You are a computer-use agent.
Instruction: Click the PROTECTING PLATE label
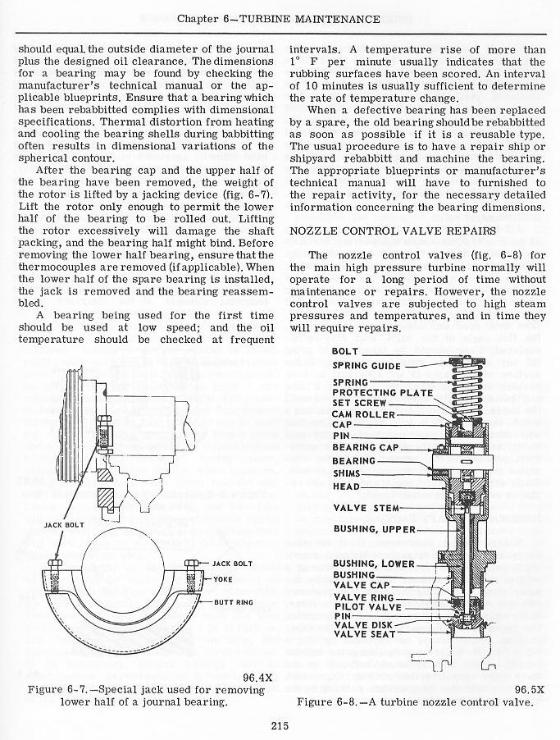382,392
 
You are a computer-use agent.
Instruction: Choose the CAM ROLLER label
363,414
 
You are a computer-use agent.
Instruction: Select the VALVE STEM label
367,509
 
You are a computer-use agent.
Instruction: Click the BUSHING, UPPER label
374,530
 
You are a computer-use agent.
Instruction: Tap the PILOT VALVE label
367,607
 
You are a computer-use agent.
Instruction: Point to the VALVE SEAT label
365,634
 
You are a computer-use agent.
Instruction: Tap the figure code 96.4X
257,678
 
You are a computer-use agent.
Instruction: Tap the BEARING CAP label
366,448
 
